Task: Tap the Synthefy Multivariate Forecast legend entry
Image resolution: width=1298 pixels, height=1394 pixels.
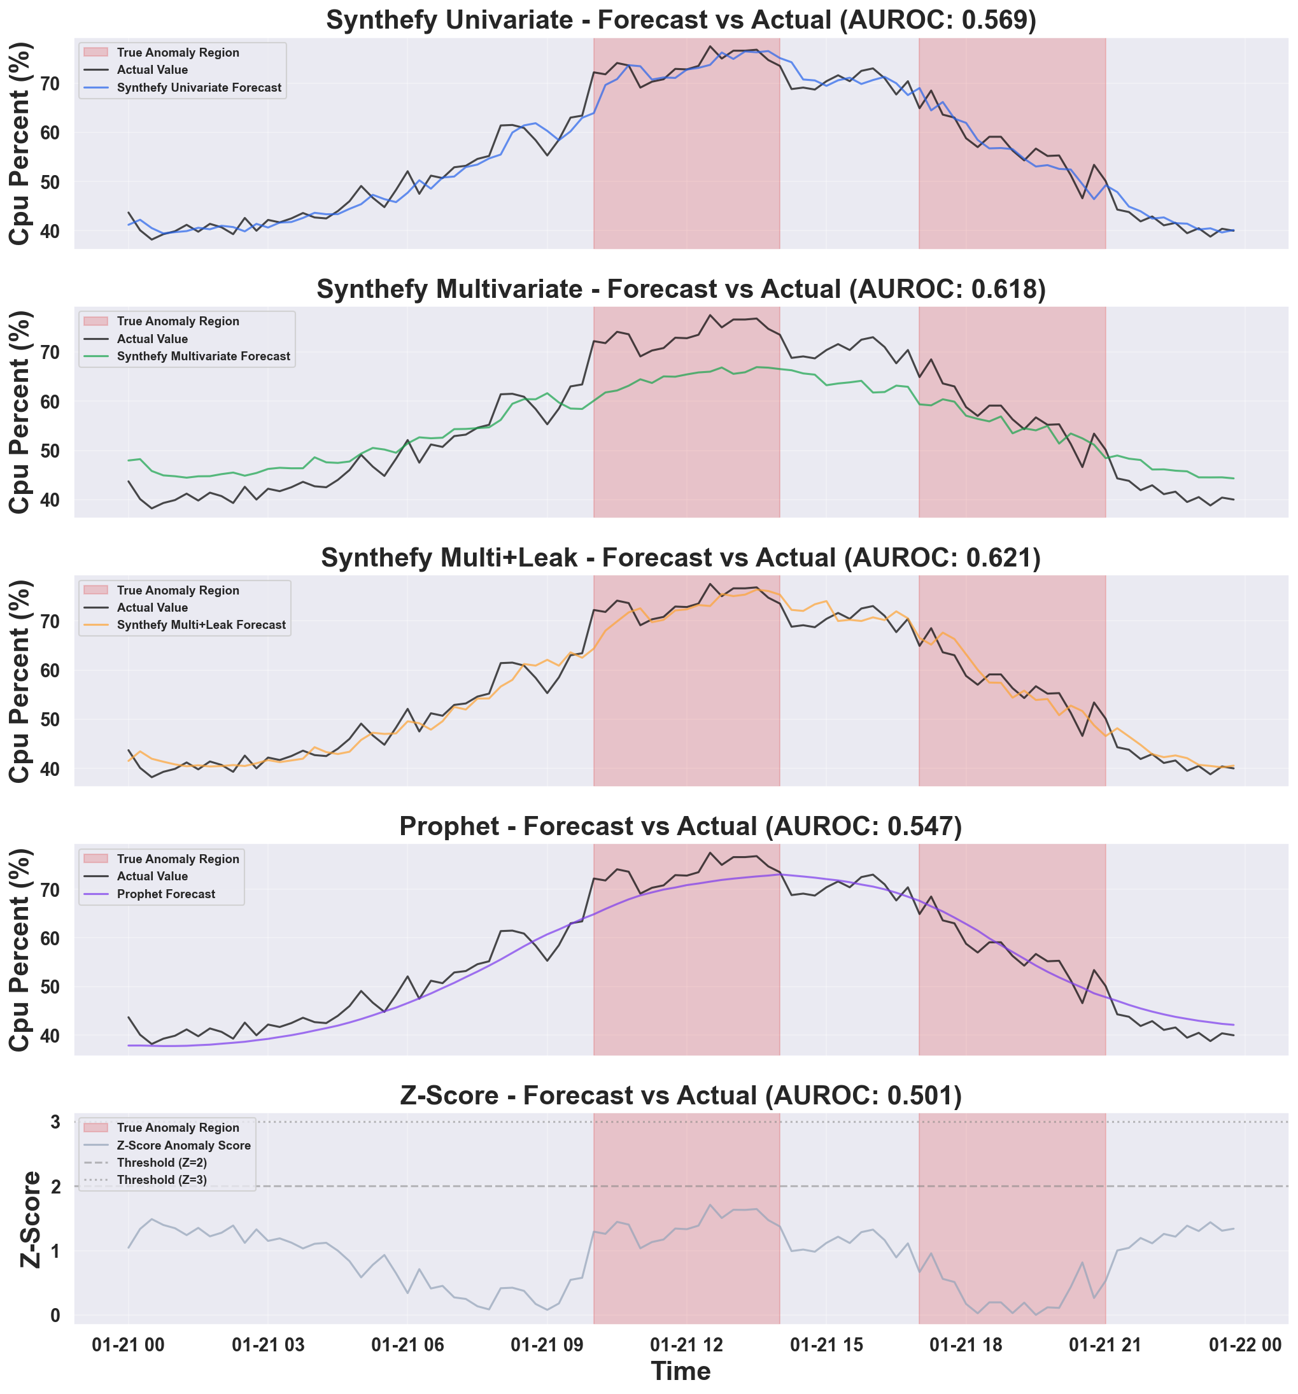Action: click(202, 356)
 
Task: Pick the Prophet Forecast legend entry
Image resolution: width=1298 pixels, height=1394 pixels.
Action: click(166, 894)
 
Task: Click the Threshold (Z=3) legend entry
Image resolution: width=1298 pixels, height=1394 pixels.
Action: click(161, 1180)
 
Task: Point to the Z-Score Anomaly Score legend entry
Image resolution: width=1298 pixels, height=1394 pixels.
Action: click(183, 1146)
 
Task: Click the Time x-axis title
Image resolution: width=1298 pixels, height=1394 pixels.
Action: click(681, 1372)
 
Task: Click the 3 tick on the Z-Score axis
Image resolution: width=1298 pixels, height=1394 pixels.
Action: click(55, 1122)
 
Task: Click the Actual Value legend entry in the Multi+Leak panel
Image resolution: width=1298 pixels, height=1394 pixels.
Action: click(152, 608)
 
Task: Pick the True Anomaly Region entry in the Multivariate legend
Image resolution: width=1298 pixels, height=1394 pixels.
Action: click(178, 322)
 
